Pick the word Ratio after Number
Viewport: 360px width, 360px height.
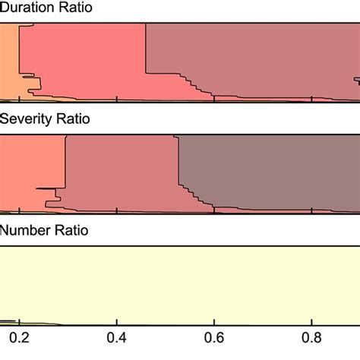pyautogui.click(x=69, y=229)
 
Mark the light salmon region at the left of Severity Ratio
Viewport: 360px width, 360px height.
pyautogui.click(x=30, y=159)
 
